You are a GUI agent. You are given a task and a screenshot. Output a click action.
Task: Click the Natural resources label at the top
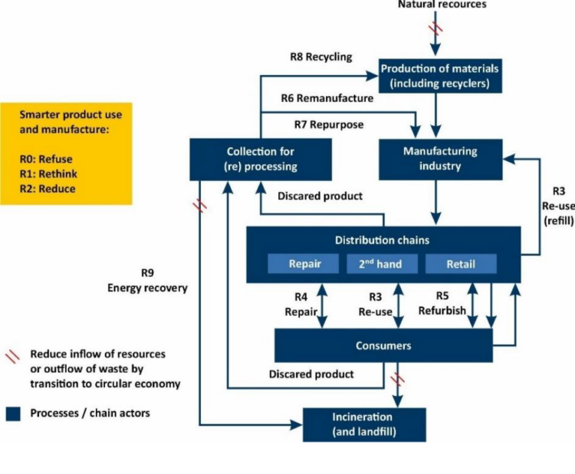[x=442, y=5]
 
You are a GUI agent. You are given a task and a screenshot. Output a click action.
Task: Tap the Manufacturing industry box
[x=440, y=158]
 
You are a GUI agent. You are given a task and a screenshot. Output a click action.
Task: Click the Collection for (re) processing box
[x=260, y=158]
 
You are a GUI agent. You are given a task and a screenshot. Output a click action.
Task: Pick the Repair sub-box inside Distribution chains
[x=304, y=264]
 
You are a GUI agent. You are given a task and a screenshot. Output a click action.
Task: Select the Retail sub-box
[x=461, y=264]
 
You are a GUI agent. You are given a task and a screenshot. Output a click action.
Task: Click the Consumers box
[x=383, y=346]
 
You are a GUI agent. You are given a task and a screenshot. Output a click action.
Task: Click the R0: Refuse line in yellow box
[x=46, y=160]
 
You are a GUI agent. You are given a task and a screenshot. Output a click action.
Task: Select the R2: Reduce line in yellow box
[x=48, y=189]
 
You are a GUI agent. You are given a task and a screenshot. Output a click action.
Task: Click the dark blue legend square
[x=13, y=413]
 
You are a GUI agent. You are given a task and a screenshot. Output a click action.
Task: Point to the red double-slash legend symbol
[x=13, y=355]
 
